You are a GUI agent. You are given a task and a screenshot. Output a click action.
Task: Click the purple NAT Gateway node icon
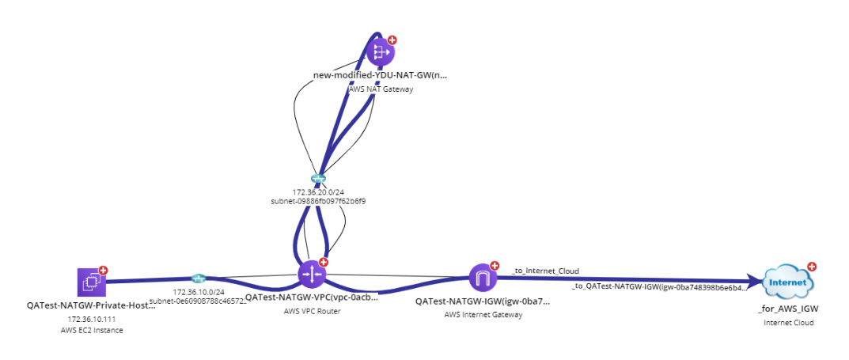(x=379, y=52)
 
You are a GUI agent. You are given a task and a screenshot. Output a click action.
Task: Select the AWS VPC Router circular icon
(x=311, y=274)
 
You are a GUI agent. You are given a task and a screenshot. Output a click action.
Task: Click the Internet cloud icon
(x=788, y=282)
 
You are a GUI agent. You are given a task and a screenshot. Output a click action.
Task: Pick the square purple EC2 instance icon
(x=91, y=282)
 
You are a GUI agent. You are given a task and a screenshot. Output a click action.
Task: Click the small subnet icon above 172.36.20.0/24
(x=318, y=179)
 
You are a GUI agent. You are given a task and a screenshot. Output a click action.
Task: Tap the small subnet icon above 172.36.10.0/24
(x=199, y=278)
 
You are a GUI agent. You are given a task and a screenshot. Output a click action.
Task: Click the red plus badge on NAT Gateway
(x=392, y=40)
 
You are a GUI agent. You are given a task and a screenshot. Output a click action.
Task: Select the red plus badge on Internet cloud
(x=811, y=267)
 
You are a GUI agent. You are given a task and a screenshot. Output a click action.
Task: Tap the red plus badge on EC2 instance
(x=104, y=270)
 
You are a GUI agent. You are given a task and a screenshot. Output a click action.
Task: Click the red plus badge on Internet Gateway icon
(x=495, y=265)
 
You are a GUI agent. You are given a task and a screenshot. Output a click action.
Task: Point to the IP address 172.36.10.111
(x=92, y=319)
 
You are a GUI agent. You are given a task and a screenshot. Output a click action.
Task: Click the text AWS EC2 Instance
(x=92, y=330)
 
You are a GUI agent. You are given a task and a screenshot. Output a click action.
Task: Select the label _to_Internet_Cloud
(x=545, y=271)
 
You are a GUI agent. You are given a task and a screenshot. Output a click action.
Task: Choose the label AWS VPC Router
(x=311, y=311)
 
